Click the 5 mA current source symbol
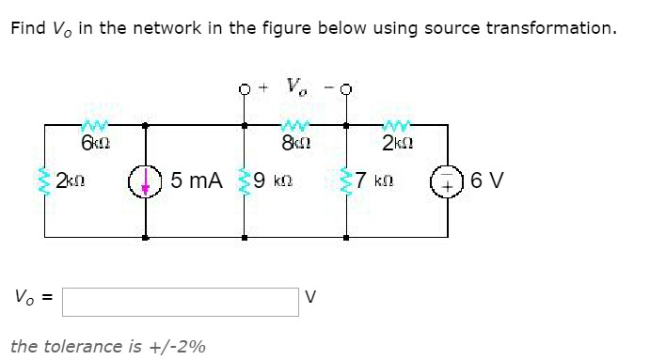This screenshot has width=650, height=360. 146,180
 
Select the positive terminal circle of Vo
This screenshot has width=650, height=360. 245,91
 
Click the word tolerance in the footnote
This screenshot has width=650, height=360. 83,346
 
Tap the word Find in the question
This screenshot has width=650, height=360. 26,28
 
